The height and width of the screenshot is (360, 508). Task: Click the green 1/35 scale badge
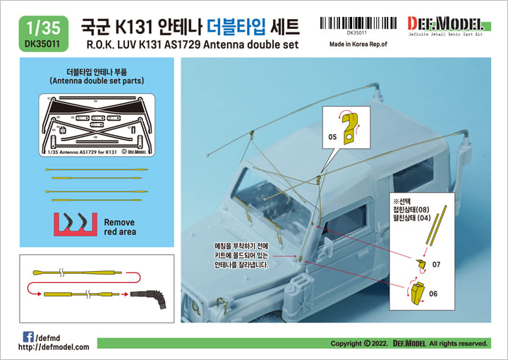pyautogui.click(x=36, y=30)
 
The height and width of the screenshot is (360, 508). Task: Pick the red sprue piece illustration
pyautogui.click(x=74, y=223)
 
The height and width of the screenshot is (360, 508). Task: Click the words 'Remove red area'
pyautogui.click(x=119, y=226)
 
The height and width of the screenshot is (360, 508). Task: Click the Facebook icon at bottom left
pyautogui.click(x=28, y=335)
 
